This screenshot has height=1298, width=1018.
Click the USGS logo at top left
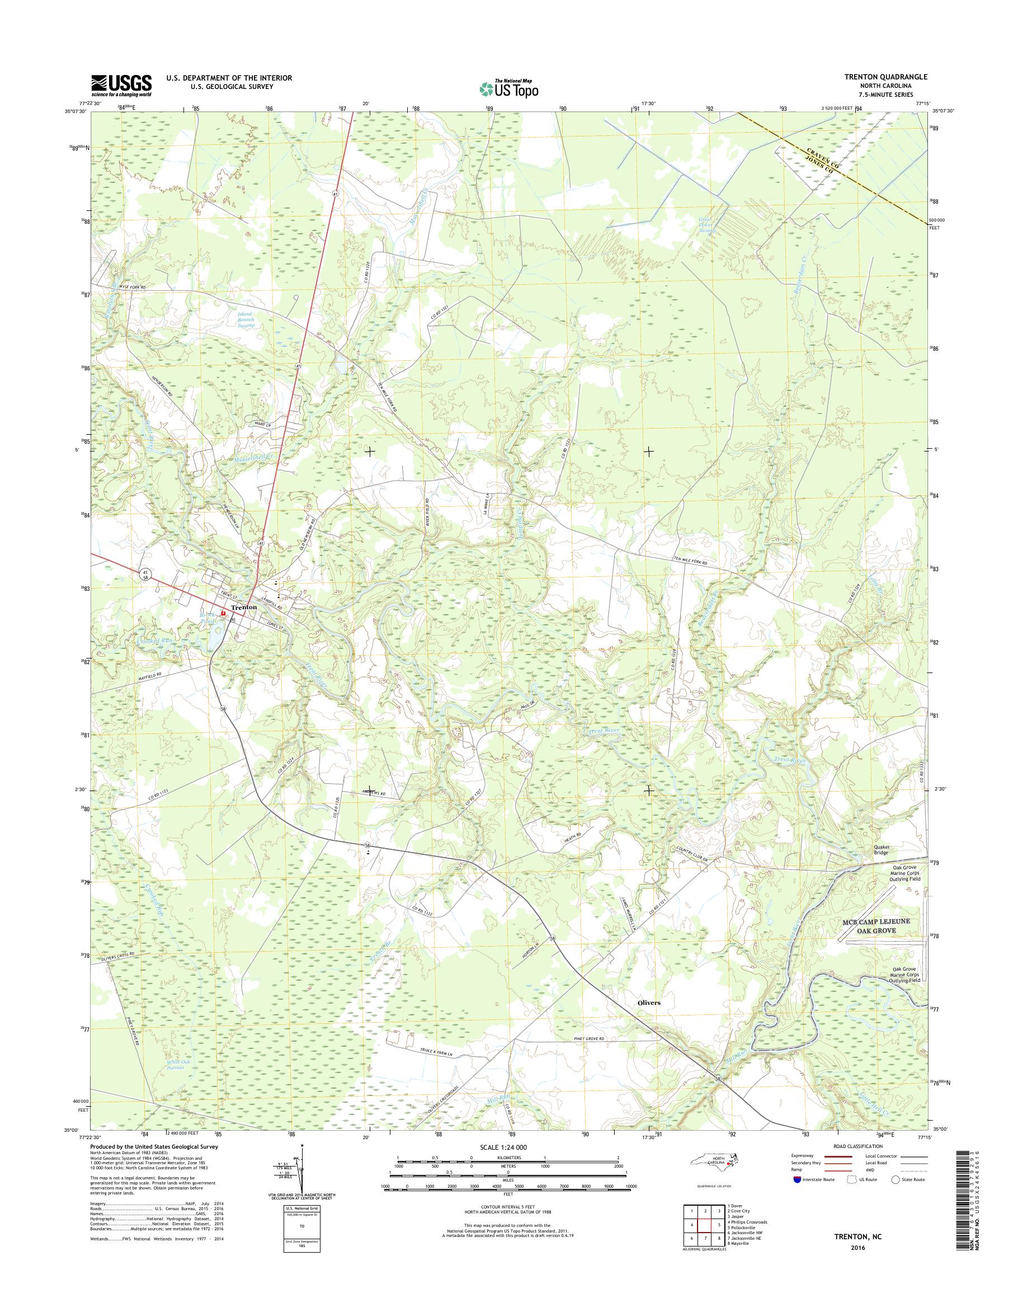click(121, 85)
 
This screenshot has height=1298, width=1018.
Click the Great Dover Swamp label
click(708, 225)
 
